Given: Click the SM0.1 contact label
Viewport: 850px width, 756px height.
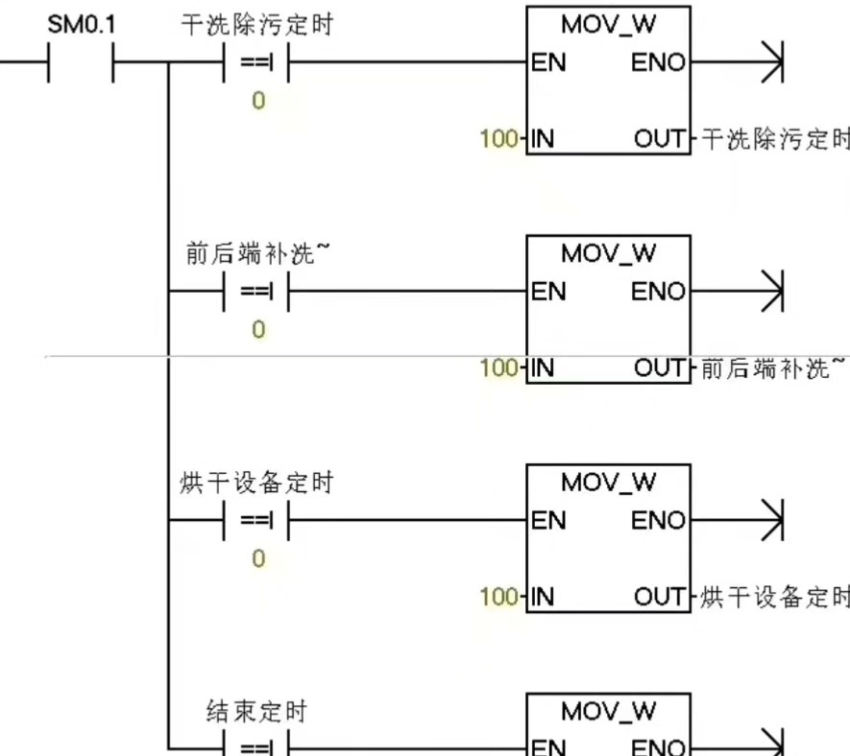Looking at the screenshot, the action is click(x=81, y=25).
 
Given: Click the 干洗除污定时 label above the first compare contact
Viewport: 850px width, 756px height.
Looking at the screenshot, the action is click(x=256, y=25).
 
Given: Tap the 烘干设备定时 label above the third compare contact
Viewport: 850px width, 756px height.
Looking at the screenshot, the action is click(x=256, y=483).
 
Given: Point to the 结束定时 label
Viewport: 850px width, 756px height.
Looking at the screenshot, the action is click(x=256, y=711).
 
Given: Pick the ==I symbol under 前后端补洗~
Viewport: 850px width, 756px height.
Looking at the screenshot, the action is click(x=255, y=292).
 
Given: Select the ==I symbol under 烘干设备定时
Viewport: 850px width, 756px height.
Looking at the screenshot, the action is click(x=255, y=521).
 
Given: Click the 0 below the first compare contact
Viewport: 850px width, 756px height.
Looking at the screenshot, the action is click(x=256, y=101).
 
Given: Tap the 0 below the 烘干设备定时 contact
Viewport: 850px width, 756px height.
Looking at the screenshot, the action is click(x=256, y=558).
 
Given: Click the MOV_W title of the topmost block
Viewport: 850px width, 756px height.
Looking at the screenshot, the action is click(x=608, y=26).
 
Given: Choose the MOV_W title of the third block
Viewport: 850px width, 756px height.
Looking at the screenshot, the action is click(x=608, y=483).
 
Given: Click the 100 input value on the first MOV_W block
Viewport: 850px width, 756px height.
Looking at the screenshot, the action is click(x=498, y=139).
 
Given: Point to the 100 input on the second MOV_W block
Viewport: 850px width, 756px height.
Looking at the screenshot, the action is click(x=498, y=367).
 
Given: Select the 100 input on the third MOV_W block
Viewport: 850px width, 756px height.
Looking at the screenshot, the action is click(x=498, y=597).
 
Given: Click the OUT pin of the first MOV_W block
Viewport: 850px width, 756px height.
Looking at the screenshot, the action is click(x=661, y=140).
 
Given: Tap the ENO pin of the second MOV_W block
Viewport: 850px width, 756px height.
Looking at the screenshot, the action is click(x=659, y=292).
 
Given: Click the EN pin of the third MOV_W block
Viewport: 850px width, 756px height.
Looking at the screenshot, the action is click(x=548, y=521).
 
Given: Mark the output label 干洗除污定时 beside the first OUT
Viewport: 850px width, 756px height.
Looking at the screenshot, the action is click(x=775, y=140).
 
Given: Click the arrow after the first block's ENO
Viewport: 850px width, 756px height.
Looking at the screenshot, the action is click(x=772, y=63).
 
